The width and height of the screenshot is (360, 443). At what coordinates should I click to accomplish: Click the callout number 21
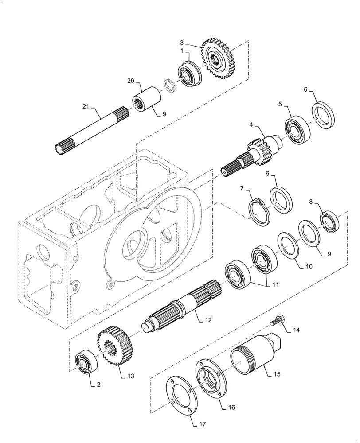[86, 106]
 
